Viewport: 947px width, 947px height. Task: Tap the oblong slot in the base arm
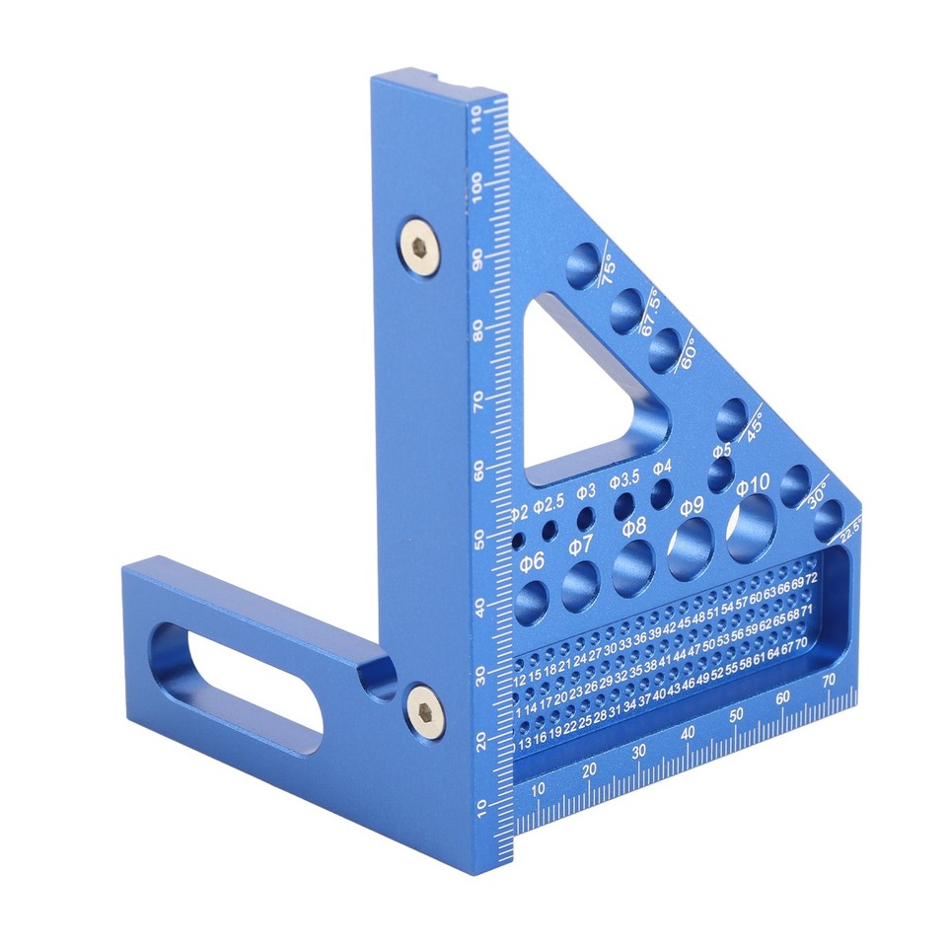click(237, 677)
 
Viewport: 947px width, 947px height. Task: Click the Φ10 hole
click(752, 523)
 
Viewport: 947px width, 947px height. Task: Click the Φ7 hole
click(581, 586)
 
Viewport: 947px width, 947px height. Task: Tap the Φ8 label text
click(633, 525)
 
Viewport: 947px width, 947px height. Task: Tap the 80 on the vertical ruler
click(480, 329)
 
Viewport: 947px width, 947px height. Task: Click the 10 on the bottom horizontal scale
click(538, 789)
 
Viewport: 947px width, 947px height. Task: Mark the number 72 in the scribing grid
click(810, 574)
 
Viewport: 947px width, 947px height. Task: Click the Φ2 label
click(520, 514)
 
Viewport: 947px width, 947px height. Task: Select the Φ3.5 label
click(623, 479)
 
